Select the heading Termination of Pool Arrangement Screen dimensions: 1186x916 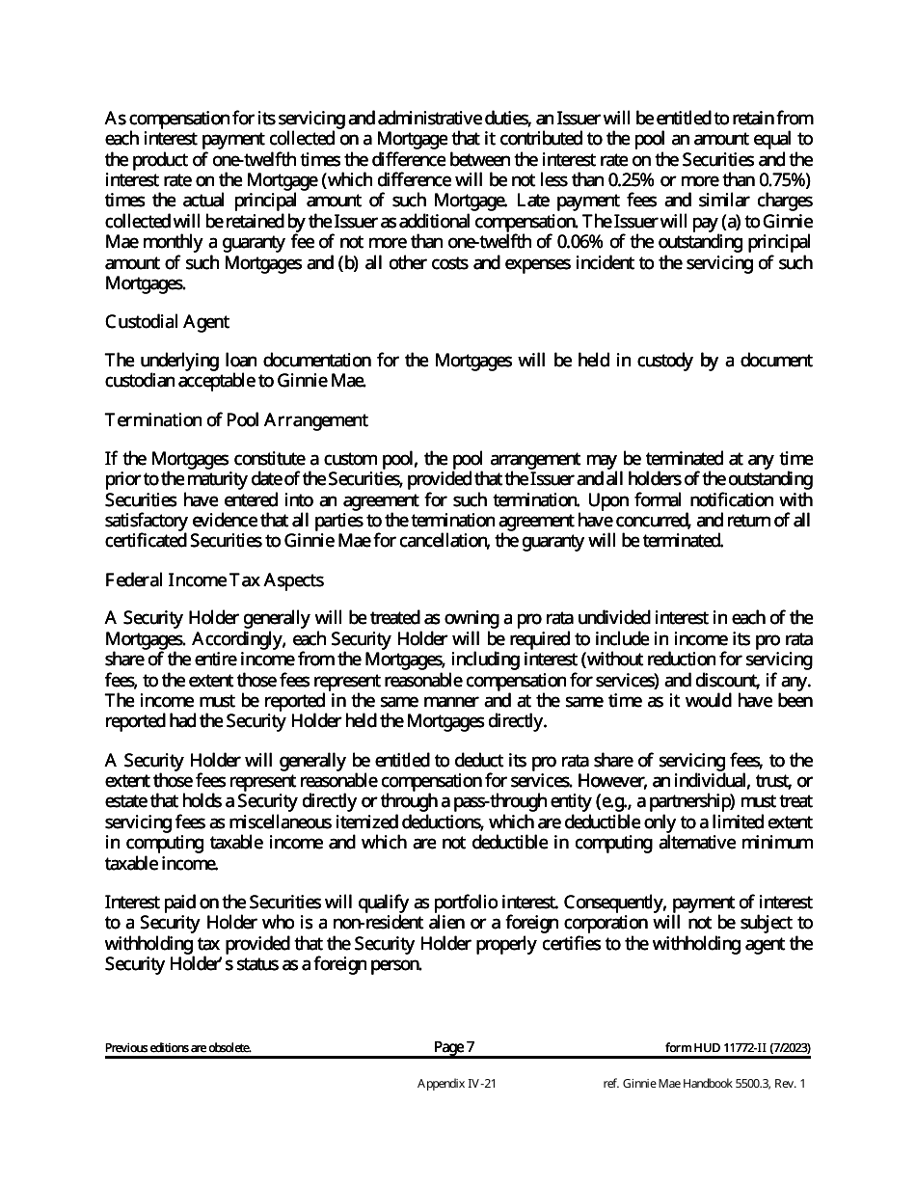pos(235,419)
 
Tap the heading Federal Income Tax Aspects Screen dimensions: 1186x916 pos(213,580)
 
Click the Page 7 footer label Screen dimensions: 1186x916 pos(454,1047)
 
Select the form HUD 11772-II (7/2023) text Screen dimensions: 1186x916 pos(738,1048)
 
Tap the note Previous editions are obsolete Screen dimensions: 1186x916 pos(178,1048)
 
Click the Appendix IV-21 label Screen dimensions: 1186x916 pos(457,1084)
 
